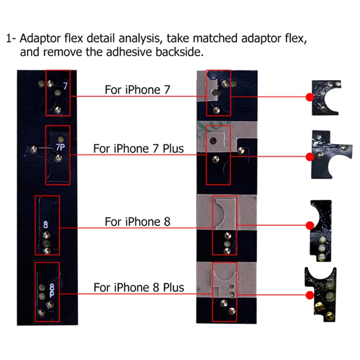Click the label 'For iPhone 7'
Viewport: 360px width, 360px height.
137,90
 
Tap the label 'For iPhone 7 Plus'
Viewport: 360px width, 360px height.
139,148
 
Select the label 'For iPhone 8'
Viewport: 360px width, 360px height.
138,221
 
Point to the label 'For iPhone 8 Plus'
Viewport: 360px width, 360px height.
139,288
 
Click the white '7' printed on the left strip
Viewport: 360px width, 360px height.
66,85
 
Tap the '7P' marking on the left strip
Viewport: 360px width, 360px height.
60,147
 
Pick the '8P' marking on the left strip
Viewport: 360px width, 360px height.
52,290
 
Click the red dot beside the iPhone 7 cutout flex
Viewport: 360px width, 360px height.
310,97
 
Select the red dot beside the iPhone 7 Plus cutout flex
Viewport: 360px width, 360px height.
310,157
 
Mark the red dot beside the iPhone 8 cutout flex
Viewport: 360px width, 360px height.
310,225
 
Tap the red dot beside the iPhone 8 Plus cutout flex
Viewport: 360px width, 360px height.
310,295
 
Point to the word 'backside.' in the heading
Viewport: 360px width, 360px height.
180,52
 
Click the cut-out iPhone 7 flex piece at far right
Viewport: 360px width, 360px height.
326,98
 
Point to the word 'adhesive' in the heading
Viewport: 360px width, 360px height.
130,52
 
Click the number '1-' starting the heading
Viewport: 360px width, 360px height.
11,38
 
